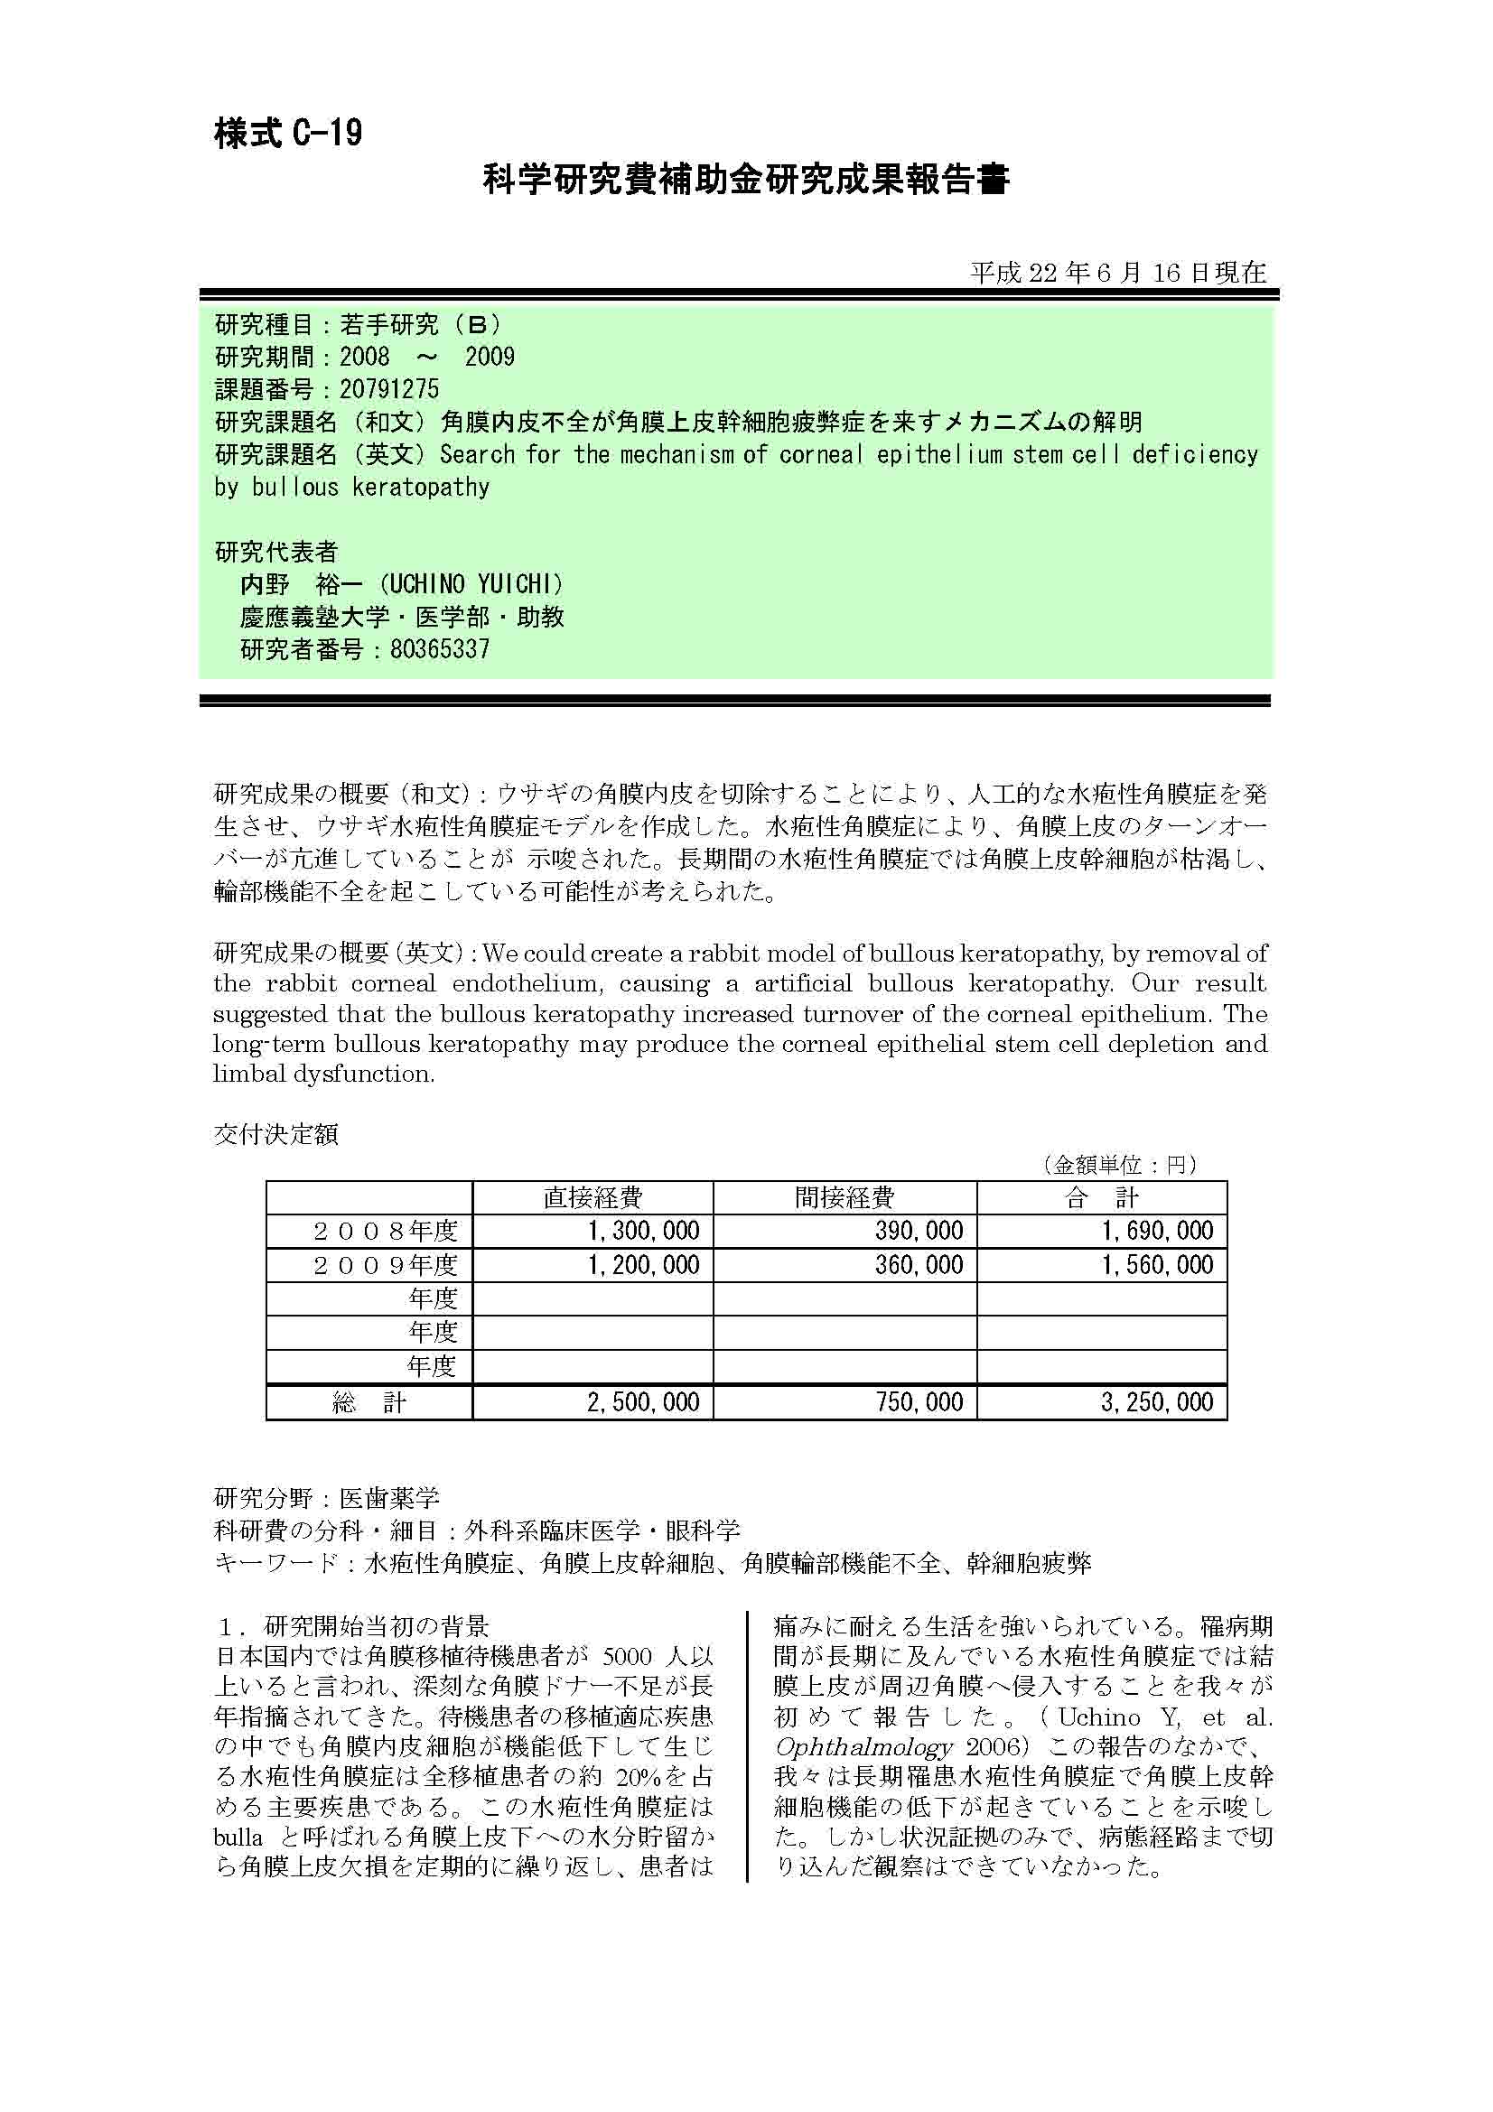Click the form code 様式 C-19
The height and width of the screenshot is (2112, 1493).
pos(288,135)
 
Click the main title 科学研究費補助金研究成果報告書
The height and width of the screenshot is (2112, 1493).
pos(746,181)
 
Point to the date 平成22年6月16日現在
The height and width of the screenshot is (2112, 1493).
pos(1117,273)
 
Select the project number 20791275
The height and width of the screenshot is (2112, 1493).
pos(389,389)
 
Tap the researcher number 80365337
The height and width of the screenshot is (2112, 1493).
pos(440,649)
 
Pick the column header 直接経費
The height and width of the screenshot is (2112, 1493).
pos(593,1196)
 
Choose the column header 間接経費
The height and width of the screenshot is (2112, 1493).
pos(844,1196)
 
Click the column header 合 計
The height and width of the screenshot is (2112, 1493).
pos(1101,1196)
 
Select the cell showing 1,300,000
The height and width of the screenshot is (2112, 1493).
pos(644,1231)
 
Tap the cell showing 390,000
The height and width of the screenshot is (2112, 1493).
pos(919,1231)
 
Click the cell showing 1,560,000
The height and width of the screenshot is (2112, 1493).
pos(1158,1265)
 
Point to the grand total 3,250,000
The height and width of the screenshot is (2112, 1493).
pos(1157,1402)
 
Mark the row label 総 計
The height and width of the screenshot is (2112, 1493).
pos(369,1402)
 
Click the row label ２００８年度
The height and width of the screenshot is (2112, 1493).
pos(386,1231)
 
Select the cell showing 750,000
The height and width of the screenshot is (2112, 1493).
pos(919,1402)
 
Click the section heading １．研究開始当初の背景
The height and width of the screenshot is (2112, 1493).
pos(352,1625)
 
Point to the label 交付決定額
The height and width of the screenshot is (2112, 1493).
pos(276,1134)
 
